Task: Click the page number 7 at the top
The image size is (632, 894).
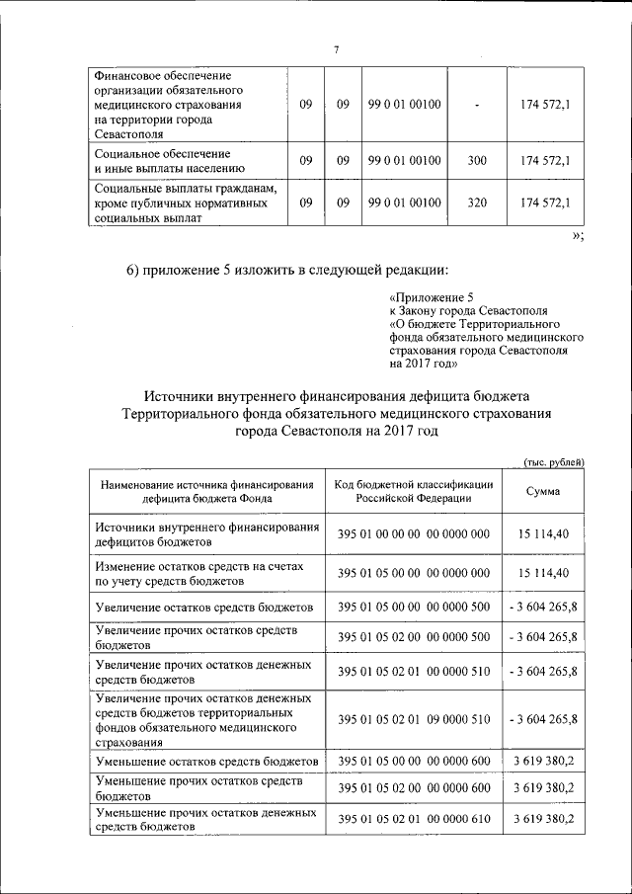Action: tap(336, 50)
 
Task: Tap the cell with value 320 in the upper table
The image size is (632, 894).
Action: tap(477, 203)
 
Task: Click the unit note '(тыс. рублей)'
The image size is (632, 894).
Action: tap(554, 462)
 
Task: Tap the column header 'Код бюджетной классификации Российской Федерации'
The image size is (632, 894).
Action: tap(414, 491)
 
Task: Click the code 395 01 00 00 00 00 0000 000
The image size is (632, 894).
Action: tap(414, 534)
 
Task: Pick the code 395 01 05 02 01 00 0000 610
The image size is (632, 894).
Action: tap(414, 820)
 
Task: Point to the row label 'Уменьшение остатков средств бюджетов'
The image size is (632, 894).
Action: tap(206, 762)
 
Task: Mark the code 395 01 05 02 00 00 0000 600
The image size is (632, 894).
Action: tap(414, 786)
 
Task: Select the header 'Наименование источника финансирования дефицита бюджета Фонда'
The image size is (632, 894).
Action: tap(206, 491)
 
